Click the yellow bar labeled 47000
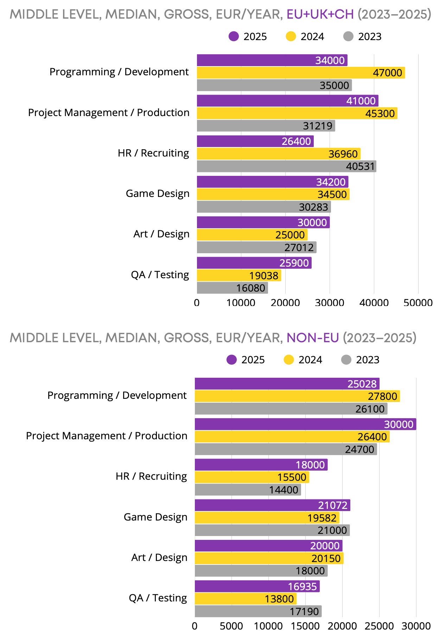pos(301,73)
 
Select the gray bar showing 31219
pos(266,126)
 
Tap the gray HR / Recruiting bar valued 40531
pos(286,166)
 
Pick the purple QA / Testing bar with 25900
pos(254,263)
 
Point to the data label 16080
pos(250,288)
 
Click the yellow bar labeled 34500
pos(273,194)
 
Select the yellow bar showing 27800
pos(297,396)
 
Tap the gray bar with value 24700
pos(286,449)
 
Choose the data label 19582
pos(322,518)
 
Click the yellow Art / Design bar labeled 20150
pos(269,558)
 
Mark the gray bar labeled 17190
pos(258,611)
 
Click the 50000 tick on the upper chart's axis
pos(418,303)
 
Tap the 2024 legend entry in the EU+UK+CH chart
pos(305,37)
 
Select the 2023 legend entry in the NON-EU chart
pos(361,360)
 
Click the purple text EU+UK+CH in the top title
pos(320,14)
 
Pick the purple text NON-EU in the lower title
pos(313,338)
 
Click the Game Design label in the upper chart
pos(158,194)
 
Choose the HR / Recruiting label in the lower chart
pos(151,476)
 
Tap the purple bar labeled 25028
pos(287,384)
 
